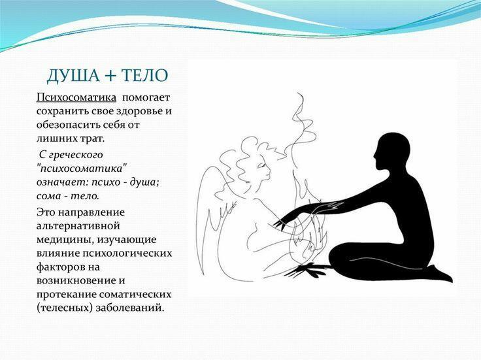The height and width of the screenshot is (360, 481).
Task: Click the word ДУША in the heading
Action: (73, 76)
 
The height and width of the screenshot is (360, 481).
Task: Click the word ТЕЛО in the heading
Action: (150, 76)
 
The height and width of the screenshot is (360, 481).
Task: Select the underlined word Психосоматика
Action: (76, 97)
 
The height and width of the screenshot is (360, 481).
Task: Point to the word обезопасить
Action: (70, 125)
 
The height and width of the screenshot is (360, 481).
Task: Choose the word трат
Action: (91, 139)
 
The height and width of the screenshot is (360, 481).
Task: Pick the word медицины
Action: (61, 239)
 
